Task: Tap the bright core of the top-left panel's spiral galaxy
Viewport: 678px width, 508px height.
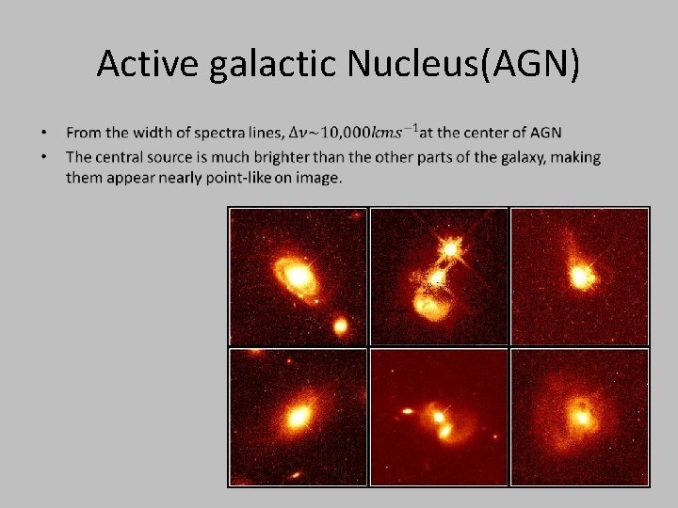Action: pos(299,276)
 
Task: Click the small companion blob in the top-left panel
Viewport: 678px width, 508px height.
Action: pos(340,326)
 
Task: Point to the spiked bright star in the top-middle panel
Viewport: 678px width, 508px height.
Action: pos(451,248)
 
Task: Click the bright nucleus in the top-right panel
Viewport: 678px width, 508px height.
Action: pos(582,277)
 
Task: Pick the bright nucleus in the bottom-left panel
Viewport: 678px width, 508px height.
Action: pos(299,415)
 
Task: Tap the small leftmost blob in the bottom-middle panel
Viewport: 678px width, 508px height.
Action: pos(409,411)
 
